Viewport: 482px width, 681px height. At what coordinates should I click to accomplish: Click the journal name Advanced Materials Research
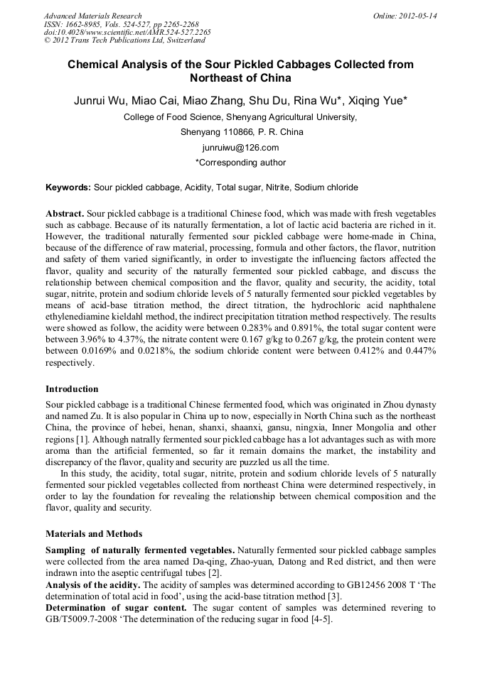pyautogui.click(x=92, y=16)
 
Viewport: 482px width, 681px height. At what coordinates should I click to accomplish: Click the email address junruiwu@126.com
pyautogui.click(x=240, y=147)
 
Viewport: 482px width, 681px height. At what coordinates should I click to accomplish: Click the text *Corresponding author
pyautogui.click(x=240, y=163)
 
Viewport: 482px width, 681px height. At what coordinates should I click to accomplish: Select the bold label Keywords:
pyautogui.click(x=68, y=187)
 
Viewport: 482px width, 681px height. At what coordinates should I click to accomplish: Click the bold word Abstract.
pyautogui.click(x=65, y=214)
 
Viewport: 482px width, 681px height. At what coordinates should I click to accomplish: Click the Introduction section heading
pyautogui.click(x=72, y=389)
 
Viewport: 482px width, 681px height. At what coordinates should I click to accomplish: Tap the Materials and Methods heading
pyautogui.click(x=94, y=533)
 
